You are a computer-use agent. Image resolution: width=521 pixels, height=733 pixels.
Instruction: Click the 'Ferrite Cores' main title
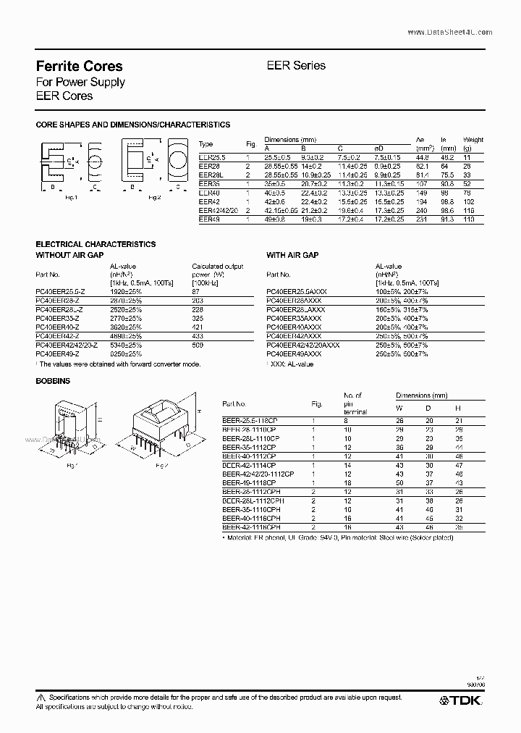pyautogui.click(x=79, y=66)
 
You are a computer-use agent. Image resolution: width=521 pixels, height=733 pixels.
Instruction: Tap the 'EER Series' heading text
pyautogui.click(x=297, y=65)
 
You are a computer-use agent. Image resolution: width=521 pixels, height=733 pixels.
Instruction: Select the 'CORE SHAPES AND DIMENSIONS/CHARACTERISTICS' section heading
pyautogui.click(x=133, y=125)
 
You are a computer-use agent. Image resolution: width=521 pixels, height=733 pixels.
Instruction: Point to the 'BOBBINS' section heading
pyautogui.click(x=52, y=380)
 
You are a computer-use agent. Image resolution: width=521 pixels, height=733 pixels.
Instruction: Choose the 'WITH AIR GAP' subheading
pyautogui.click(x=292, y=255)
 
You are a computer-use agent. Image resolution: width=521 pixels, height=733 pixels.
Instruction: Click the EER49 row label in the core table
pyautogui.click(x=208, y=219)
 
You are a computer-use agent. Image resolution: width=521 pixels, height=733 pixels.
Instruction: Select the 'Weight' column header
pyautogui.click(x=473, y=140)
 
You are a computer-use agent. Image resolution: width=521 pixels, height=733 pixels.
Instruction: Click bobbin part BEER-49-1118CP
pyautogui.click(x=250, y=482)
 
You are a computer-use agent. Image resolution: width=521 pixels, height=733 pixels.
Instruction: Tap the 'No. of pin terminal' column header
pyautogui.click(x=353, y=403)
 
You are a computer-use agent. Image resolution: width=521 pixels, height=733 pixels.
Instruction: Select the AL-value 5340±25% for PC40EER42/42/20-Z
pyautogui.click(x=127, y=345)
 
